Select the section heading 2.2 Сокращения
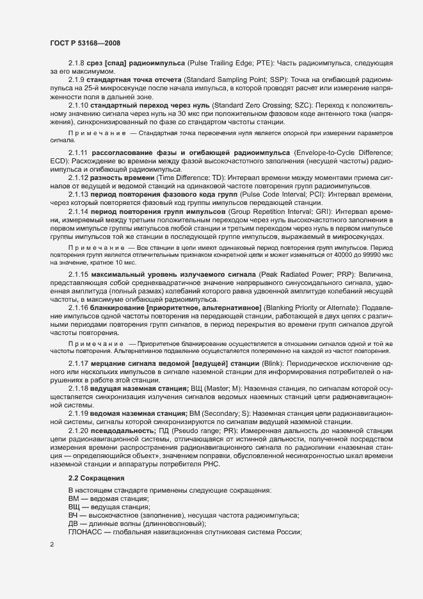coord(96,479)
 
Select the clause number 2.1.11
coord(79,154)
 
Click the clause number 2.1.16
coord(79,308)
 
